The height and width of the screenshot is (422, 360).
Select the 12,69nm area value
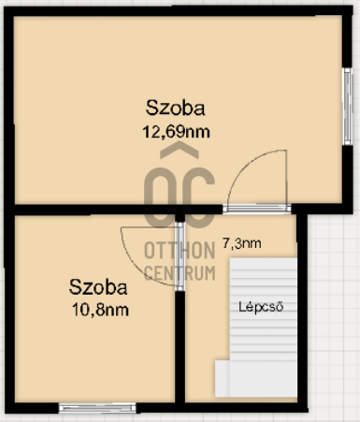coord(175,131)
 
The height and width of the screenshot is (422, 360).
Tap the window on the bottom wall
coord(98,407)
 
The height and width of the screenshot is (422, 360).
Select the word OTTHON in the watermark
coord(180,250)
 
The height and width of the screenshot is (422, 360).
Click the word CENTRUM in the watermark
coord(180,272)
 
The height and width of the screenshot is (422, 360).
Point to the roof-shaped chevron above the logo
coord(180,152)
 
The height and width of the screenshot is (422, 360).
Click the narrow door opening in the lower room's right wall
coord(180,255)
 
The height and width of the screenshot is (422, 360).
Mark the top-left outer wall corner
coord(7,8)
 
